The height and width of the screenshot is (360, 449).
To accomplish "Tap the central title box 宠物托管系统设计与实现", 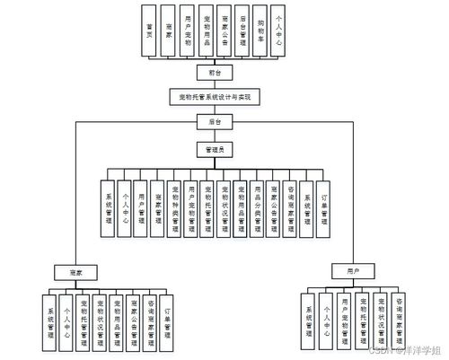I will tap(215, 96).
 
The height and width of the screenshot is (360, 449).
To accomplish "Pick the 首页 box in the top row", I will tap(148, 31).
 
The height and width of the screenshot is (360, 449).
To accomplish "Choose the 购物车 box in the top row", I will tap(260, 31).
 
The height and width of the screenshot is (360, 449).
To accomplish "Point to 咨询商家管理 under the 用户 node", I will tap(398, 320).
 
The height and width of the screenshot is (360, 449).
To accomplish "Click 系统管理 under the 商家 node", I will tap(50, 320).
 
